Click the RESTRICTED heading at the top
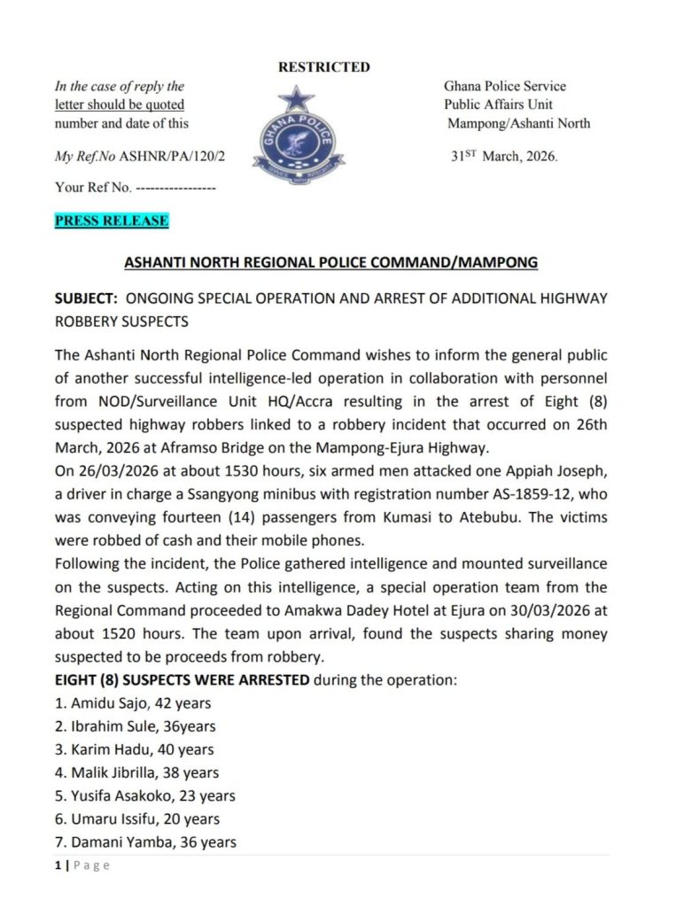click(x=324, y=66)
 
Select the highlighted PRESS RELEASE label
click(x=112, y=221)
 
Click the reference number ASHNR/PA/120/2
click(x=176, y=156)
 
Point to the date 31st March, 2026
click(x=505, y=157)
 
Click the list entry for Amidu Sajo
click(x=132, y=703)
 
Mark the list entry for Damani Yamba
click(x=144, y=841)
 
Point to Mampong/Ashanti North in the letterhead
click(x=518, y=123)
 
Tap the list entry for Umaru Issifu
click(x=136, y=818)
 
